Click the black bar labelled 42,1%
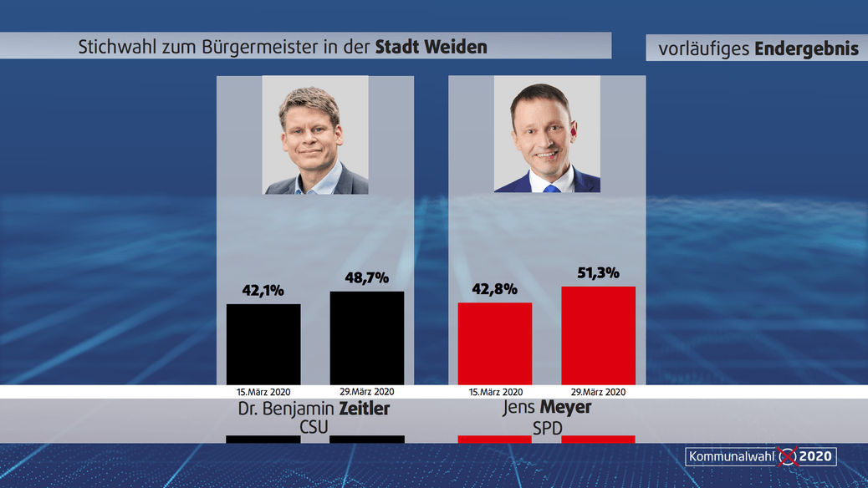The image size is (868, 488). coord(263,344)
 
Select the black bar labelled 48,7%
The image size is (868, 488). coord(367,338)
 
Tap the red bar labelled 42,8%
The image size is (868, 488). coord(495,343)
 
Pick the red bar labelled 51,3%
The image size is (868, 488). coord(598,335)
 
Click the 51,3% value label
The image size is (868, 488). coord(598,272)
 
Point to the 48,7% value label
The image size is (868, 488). coord(367,277)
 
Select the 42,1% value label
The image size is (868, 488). coord(263,291)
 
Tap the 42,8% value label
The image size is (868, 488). coord(495,289)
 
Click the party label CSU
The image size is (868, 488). coord(315,428)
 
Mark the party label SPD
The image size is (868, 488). coord(547,428)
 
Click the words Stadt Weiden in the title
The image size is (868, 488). coord(431,47)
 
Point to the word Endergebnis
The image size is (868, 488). coord(806,48)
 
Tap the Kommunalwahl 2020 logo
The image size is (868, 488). coord(761,456)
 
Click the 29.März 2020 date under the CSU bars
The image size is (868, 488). coord(367,391)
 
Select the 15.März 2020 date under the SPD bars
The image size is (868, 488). coord(495,391)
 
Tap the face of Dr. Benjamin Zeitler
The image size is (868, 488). coord(313,134)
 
